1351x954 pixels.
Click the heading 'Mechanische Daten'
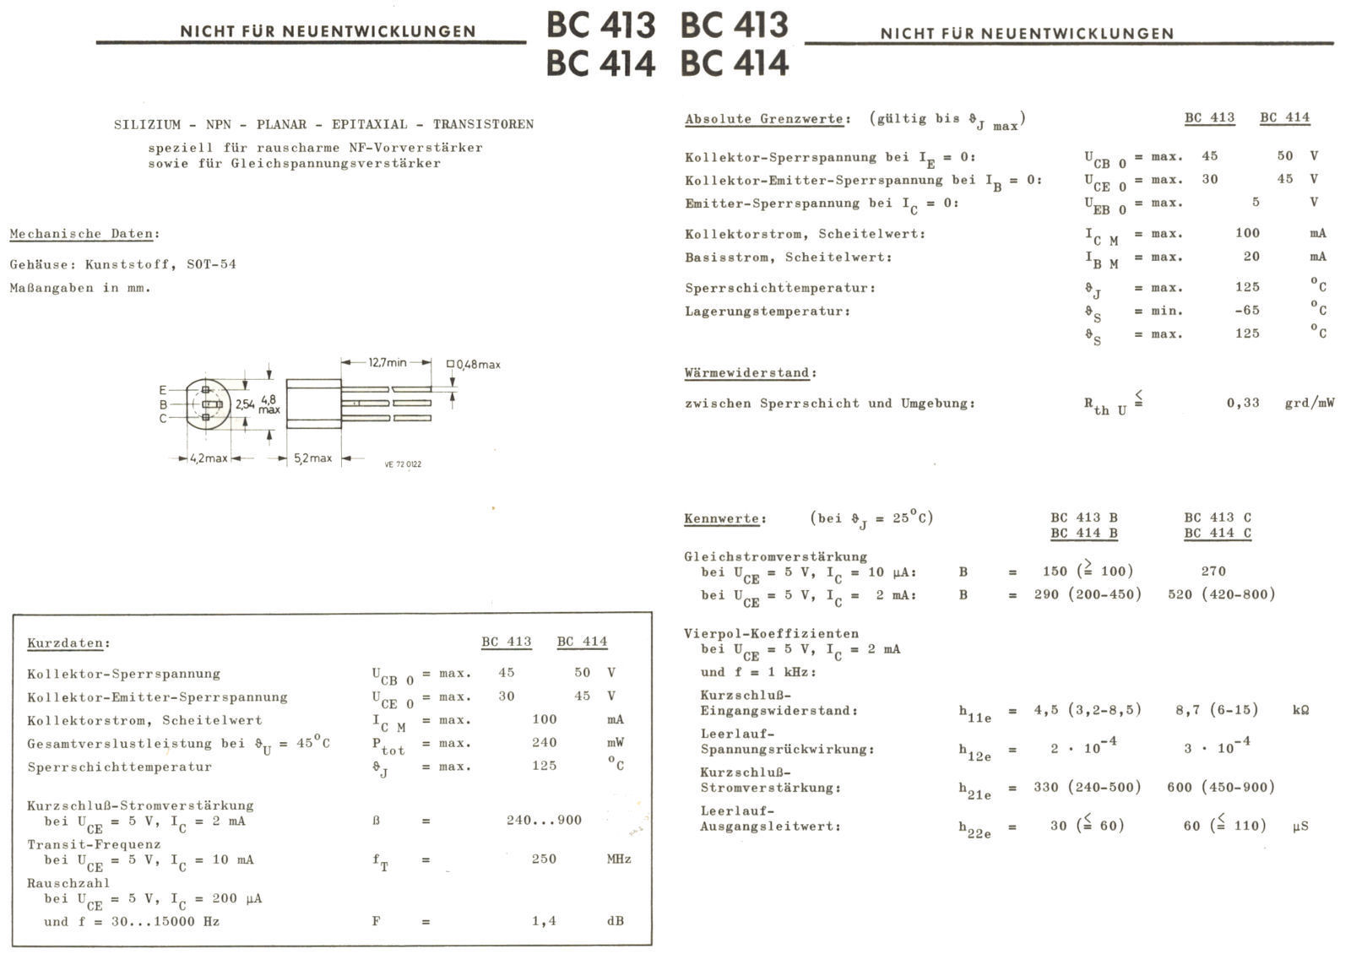[83, 234]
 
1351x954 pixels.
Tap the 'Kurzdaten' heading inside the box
[68, 643]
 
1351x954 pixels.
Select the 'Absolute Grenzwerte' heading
[764, 119]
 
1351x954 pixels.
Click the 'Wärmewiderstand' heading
[750, 372]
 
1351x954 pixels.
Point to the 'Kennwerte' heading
[724, 518]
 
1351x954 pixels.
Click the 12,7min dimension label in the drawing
[388, 362]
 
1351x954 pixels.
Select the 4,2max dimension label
[209, 458]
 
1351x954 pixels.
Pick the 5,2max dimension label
[312, 458]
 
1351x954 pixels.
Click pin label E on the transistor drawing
[162, 390]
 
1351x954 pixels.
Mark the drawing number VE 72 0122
[403, 464]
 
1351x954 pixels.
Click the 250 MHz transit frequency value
[544, 859]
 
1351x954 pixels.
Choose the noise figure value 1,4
[544, 921]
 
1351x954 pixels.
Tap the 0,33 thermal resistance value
[1243, 403]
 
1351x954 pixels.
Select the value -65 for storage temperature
[1246, 311]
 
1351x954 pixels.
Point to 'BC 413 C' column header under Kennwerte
[1217, 518]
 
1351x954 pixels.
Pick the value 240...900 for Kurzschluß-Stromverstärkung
[544, 820]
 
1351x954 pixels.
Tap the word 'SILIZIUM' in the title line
[147, 124]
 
